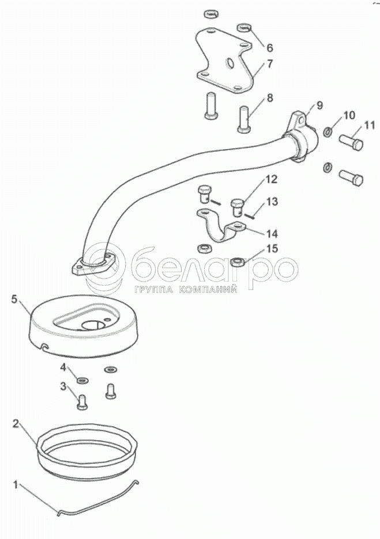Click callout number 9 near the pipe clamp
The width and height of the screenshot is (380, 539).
pyautogui.click(x=320, y=105)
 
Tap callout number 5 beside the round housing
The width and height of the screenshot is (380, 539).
pyautogui.click(x=14, y=299)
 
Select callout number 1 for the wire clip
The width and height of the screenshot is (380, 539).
pyautogui.click(x=15, y=485)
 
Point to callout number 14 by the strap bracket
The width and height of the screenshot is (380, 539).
pyautogui.click(x=272, y=234)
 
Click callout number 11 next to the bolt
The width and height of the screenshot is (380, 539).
pyautogui.click(x=369, y=125)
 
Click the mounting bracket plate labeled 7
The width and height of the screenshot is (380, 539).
pyautogui.click(x=224, y=61)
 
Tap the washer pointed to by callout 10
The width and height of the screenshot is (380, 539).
pyautogui.click(x=328, y=131)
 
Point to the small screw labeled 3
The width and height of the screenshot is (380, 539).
pyautogui.click(x=81, y=403)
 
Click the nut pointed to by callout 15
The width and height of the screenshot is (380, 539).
pyautogui.click(x=238, y=261)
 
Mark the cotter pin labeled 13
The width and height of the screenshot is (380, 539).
pyautogui.click(x=250, y=215)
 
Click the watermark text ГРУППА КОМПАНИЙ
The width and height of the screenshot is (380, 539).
pyautogui.click(x=186, y=289)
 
